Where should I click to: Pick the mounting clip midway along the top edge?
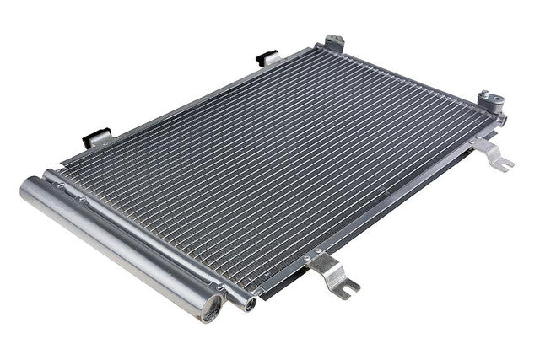(267, 60)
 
